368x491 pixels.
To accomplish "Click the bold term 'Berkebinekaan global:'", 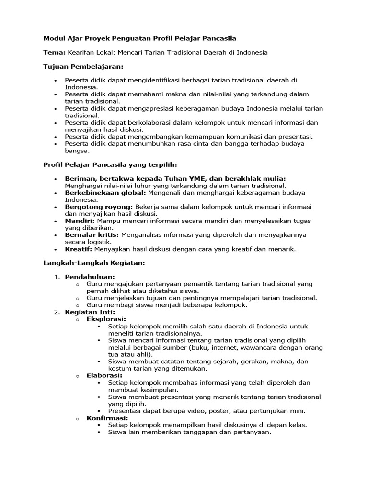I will coord(105,192).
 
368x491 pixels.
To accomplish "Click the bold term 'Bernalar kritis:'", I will coord(92,235).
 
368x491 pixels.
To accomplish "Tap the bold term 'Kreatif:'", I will coord(79,249).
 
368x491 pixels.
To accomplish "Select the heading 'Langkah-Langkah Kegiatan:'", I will coord(94,263).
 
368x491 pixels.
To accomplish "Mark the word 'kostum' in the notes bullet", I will coord(120,369).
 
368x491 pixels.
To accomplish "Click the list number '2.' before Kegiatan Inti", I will coord(56,312).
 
